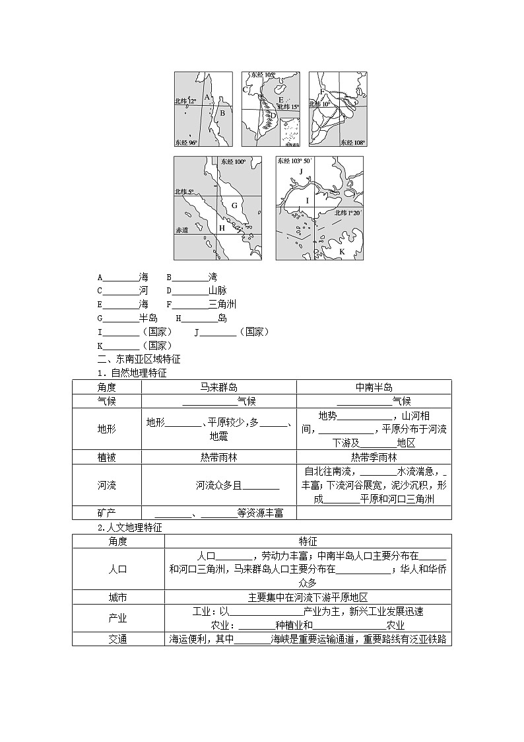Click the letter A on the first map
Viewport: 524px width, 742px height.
(207, 97)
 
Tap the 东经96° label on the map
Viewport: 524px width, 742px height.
(186, 142)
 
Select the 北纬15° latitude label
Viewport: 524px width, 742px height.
(288, 106)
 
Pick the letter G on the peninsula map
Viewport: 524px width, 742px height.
(234, 205)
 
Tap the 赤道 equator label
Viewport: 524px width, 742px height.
(182, 231)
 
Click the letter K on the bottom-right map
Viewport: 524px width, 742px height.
(342, 252)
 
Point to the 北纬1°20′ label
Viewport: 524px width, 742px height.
(348, 213)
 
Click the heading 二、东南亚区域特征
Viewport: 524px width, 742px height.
(139, 359)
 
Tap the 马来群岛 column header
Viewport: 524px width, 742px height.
(218, 387)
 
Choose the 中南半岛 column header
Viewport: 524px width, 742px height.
(374, 387)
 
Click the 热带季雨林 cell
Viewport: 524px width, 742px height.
(374, 457)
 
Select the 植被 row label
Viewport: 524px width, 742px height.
(106, 457)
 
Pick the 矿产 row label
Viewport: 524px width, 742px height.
(106, 513)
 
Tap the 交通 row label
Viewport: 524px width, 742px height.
(117, 639)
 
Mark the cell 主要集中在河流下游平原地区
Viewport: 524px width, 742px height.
(307, 597)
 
